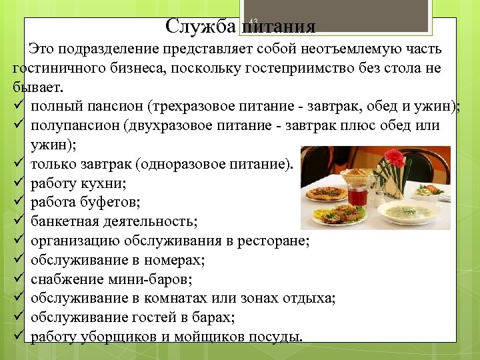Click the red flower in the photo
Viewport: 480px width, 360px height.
point(395,158)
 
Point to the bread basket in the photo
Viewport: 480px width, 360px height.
point(361,175)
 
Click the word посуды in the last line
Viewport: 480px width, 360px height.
point(273,337)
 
